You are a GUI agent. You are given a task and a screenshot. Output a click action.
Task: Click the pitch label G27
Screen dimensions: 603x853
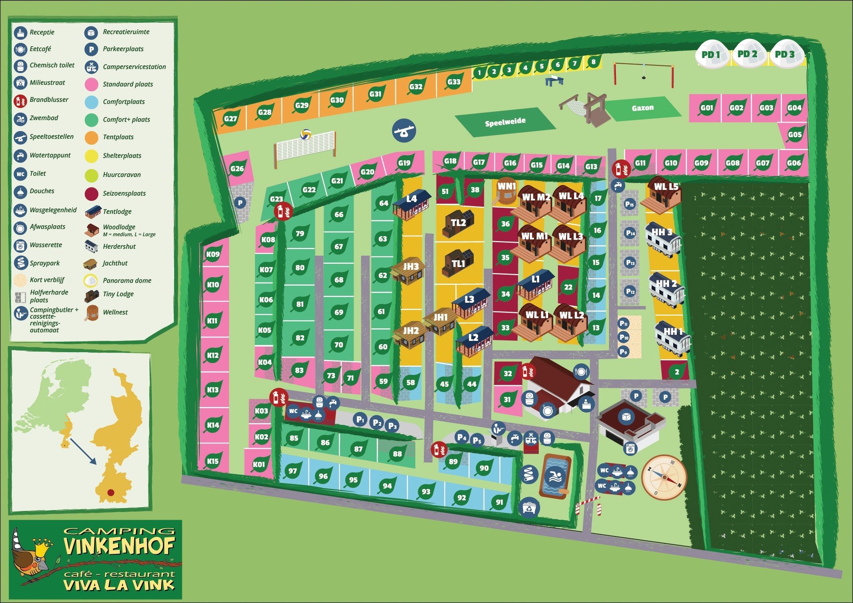pyautogui.click(x=230, y=119)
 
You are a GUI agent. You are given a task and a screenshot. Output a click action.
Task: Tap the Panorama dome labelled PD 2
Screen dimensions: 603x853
pyautogui.click(x=747, y=54)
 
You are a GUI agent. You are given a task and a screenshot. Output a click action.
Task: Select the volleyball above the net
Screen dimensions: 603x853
pyautogui.click(x=306, y=134)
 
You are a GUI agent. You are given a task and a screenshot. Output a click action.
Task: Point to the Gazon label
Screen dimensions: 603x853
pyautogui.click(x=643, y=108)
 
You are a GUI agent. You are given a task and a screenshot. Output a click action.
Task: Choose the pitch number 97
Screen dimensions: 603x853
pyautogui.click(x=292, y=471)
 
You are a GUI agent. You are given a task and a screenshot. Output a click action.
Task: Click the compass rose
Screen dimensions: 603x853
pyautogui.click(x=664, y=477)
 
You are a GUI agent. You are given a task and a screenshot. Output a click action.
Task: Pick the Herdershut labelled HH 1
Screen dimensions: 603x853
pyautogui.click(x=673, y=337)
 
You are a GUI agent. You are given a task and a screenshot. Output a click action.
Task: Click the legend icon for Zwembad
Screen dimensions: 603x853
pyautogui.click(x=20, y=119)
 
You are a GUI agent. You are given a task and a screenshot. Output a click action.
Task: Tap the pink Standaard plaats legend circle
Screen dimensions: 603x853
pyautogui.click(x=92, y=84)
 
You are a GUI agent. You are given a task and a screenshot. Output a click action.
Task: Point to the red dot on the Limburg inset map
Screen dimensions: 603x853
pyautogui.click(x=110, y=493)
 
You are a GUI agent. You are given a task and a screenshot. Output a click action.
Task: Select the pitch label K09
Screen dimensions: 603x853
pyautogui.click(x=213, y=254)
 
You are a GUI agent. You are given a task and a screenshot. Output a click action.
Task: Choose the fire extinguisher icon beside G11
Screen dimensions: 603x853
pyautogui.click(x=621, y=168)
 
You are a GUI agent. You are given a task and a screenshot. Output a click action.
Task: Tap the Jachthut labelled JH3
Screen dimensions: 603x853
pyautogui.click(x=410, y=269)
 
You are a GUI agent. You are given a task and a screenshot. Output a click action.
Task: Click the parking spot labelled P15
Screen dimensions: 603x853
pyautogui.click(x=629, y=204)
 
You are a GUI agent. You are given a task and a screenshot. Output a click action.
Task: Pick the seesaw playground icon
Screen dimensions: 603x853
pyautogui.click(x=404, y=131)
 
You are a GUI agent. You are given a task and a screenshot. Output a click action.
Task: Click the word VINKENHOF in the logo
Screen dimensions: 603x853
pyautogui.click(x=119, y=546)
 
